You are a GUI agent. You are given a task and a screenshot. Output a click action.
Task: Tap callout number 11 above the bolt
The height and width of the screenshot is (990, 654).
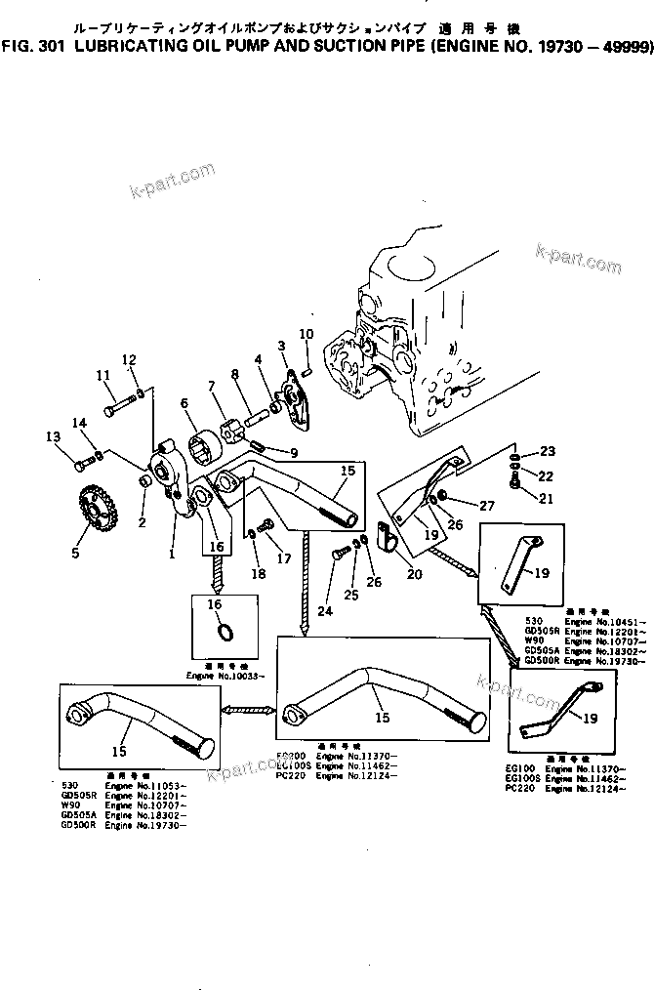pyautogui.click(x=103, y=375)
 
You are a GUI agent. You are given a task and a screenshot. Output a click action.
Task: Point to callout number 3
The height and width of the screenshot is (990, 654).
pyautogui.click(x=281, y=346)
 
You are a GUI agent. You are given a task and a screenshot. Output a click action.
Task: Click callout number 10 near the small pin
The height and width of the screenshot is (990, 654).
pyautogui.click(x=306, y=335)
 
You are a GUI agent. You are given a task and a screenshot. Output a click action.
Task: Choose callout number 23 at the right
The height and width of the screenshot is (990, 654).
pyautogui.click(x=548, y=452)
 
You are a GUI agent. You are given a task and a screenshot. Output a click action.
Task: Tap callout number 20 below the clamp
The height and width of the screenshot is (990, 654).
pyautogui.click(x=415, y=574)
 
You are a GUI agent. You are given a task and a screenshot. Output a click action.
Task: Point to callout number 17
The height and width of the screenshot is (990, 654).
pyautogui.click(x=285, y=559)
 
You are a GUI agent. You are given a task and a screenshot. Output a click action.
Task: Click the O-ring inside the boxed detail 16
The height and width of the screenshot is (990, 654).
pyautogui.click(x=224, y=632)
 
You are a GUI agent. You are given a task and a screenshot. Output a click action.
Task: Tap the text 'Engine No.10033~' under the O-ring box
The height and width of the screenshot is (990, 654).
pyautogui.click(x=224, y=676)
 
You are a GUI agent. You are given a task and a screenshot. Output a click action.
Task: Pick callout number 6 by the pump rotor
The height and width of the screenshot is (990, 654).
pyautogui.click(x=184, y=402)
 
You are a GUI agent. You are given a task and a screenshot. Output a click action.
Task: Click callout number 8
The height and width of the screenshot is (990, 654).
pyautogui.click(x=235, y=374)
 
